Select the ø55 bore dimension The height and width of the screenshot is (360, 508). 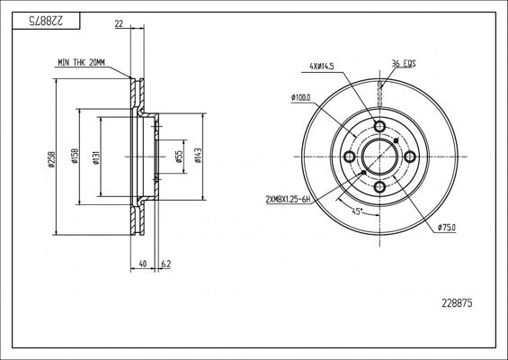[x=177, y=155]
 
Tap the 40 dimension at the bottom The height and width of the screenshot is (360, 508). [x=142, y=264]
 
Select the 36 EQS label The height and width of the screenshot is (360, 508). [x=402, y=62]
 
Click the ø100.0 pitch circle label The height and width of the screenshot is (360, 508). [x=301, y=97]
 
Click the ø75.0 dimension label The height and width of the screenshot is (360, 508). [x=447, y=228]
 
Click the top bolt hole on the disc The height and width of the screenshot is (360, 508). [x=379, y=126]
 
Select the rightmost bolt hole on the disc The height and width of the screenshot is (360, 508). [x=410, y=157]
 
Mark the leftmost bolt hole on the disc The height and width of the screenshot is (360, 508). [x=348, y=157]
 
